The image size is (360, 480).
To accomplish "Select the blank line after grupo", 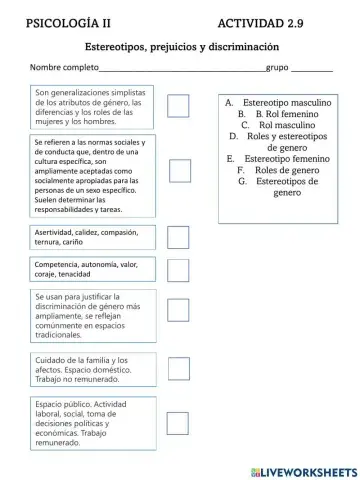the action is (x=311, y=70).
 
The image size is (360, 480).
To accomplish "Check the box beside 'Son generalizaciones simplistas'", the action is (x=179, y=106).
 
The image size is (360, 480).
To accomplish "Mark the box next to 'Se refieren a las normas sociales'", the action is (x=180, y=171).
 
